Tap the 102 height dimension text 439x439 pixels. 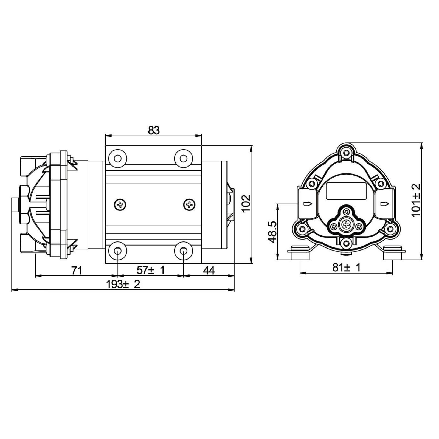[246, 203]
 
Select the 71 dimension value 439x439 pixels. [77, 271]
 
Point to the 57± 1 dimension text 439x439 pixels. [151, 270]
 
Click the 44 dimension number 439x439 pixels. [209, 271]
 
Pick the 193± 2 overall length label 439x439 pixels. [123, 284]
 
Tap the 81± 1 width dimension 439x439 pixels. [346, 267]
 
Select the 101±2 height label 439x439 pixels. [416, 200]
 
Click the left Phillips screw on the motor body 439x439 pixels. [120, 204]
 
